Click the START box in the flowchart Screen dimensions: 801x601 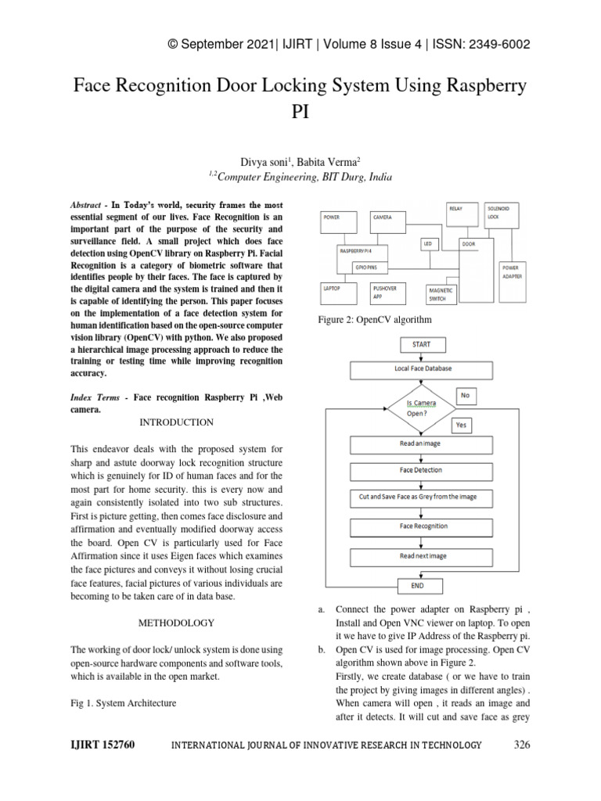pos(416,344)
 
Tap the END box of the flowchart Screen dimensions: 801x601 pos(416,585)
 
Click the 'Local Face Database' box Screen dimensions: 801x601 pos(422,368)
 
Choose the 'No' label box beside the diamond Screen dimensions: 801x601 pos(465,396)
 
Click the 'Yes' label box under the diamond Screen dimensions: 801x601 pos(460,426)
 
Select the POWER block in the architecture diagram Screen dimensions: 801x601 pos(341,221)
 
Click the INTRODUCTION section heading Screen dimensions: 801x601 pos(176,422)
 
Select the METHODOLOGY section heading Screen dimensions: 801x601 pos(176,623)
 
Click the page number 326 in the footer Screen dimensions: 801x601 pos(521,745)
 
